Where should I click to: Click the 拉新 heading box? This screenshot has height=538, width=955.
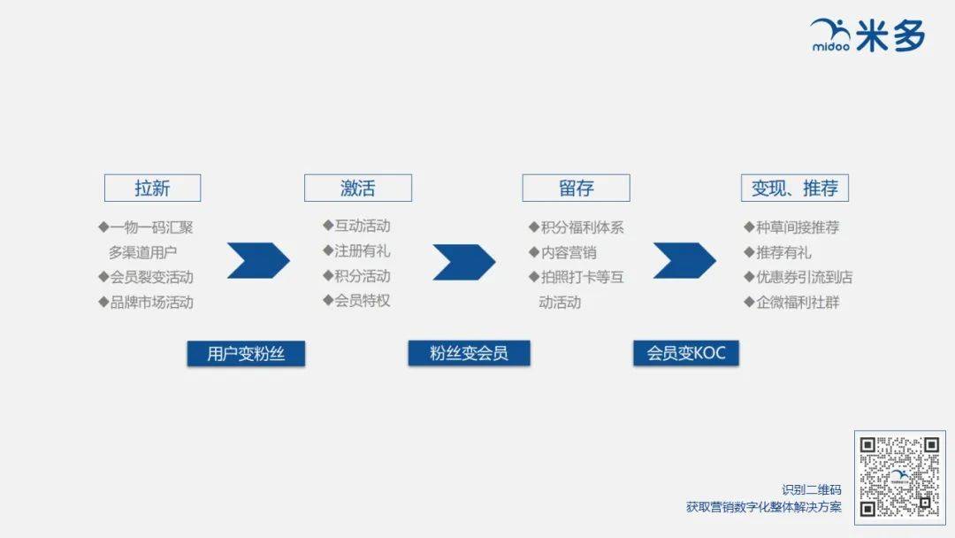[152, 188]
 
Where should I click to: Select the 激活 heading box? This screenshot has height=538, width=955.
[358, 188]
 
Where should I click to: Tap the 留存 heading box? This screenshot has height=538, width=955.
[577, 188]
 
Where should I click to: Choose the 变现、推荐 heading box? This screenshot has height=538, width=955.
[795, 188]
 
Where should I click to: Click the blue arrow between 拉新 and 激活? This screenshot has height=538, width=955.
[258, 261]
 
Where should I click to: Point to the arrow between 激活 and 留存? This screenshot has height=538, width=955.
[464, 262]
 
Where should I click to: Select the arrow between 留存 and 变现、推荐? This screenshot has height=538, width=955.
[684, 261]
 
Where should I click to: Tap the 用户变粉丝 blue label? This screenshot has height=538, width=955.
[246, 353]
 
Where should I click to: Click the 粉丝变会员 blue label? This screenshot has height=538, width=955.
[469, 353]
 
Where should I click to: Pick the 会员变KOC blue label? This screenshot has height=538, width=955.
[686, 353]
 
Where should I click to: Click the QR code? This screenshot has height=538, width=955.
[899, 477]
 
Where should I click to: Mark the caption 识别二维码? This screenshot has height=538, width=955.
[811, 490]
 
